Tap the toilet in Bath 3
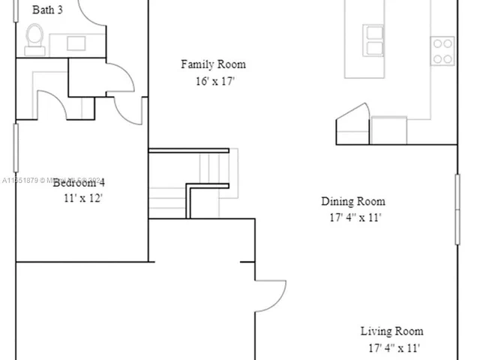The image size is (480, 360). (x=34, y=38)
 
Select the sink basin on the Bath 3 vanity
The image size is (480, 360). (x=76, y=43)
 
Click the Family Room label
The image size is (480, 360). (x=213, y=64)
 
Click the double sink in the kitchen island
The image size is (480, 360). (x=373, y=40)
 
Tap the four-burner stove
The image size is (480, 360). (x=442, y=50)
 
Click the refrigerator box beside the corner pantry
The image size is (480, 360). (x=388, y=130)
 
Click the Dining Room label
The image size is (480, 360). (x=353, y=201)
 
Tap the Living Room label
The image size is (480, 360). (x=391, y=331)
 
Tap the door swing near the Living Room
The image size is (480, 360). (x=270, y=295)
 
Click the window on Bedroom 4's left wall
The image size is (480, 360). (x=16, y=148)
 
